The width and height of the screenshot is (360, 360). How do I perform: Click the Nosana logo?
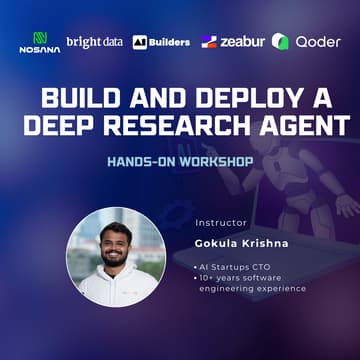pos(40,42)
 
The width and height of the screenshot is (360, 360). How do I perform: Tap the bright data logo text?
pos(94,42)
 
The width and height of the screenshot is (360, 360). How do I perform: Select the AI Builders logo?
pos(161,42)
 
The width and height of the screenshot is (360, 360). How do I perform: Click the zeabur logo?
pos(231,42)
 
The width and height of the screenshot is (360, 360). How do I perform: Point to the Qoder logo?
pos(306,42)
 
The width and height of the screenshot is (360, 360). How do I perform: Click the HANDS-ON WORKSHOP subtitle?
pos(179,160)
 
